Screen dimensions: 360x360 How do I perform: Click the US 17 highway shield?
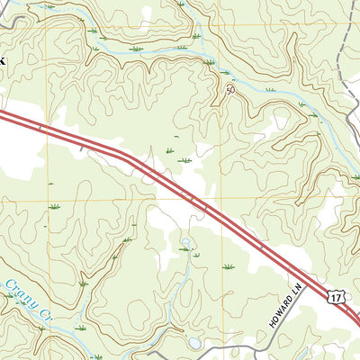(336, 297)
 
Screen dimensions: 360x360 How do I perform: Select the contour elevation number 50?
(230, 90)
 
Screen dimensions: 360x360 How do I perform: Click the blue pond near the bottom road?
(195, 343)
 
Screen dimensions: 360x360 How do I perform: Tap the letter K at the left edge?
(3, 60)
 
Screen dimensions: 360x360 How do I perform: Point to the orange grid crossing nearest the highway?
(220, 198)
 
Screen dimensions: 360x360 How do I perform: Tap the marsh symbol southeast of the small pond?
(227, 266)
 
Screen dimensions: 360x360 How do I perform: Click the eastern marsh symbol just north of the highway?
(185, 160)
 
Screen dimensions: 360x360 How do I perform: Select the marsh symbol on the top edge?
(180, 4)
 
